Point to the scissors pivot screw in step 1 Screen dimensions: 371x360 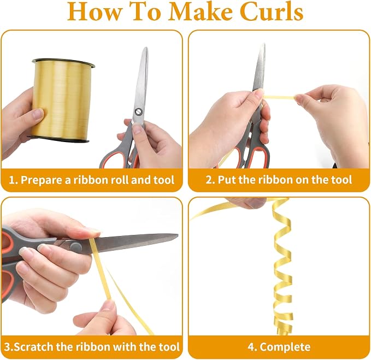coord(138,111)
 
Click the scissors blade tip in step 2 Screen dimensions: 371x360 coord(263,44)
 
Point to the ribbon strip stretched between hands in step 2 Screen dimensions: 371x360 coord(280,97)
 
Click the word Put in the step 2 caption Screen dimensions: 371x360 coord(227,180)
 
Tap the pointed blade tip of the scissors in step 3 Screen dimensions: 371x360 coord(177,235)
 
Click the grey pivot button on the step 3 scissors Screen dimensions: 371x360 coord(76,246)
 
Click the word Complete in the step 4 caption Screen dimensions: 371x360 coord(285,347)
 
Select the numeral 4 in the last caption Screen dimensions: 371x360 coord(251,347)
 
